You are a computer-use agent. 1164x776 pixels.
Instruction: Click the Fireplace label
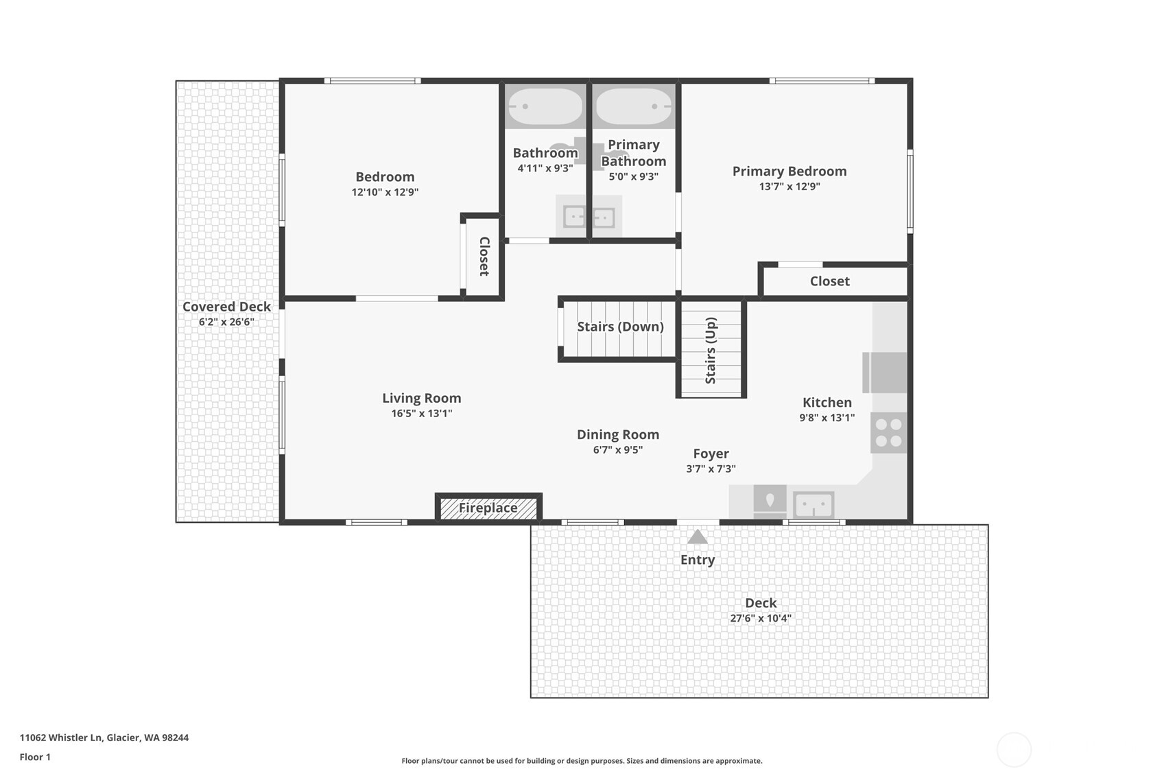point(488,508)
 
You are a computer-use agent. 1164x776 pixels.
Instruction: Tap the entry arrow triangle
point(697,537)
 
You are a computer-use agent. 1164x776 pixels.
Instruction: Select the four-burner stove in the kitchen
point(888,432)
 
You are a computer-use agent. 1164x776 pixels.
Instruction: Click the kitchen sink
point(813,506)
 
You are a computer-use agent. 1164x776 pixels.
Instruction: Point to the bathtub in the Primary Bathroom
point(633,106)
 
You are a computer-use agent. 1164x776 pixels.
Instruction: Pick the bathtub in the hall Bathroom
point(545,106)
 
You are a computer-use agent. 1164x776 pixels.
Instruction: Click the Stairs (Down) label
point(620,327)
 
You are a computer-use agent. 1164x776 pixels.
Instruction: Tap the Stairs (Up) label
point(711,350)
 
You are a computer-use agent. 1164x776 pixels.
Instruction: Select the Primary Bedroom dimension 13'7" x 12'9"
point(789,186)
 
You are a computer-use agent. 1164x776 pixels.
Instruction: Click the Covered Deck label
point(226,307)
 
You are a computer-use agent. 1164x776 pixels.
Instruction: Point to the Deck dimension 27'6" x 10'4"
point(760,618)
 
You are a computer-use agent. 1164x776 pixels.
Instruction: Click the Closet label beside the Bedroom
point(484,257)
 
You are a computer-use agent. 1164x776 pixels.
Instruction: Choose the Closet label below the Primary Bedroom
point(829,281)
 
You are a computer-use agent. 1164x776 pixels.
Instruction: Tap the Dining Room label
point(617,434)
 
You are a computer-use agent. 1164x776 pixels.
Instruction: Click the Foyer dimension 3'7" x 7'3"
point(711,469)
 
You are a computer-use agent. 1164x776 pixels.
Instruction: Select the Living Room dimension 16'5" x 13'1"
point(421,413)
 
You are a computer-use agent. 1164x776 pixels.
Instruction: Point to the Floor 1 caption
point(35,757)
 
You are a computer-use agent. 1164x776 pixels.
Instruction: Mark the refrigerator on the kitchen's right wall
point(886,372)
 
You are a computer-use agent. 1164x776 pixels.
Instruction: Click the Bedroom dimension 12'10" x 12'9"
point(385,192)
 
